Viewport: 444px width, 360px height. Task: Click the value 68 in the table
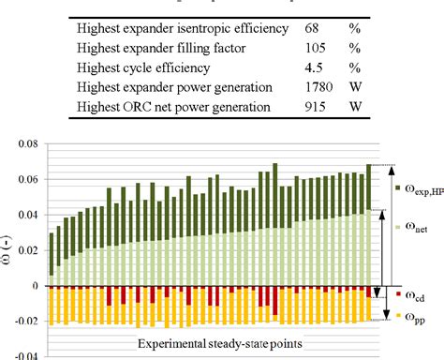tap(312, 28)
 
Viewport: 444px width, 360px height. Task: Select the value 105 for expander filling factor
tap(315, 47)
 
